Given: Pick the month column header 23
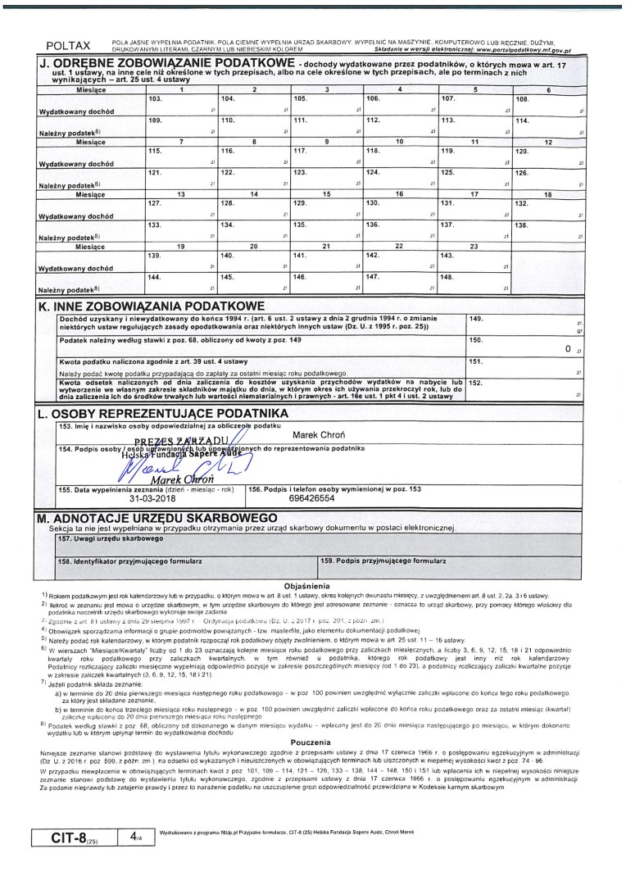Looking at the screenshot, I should tap(473, 246).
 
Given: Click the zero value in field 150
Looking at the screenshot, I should tap(567, 348).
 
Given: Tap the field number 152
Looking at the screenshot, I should tap(475, 382).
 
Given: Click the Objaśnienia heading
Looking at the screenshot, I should tap(305, 586).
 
